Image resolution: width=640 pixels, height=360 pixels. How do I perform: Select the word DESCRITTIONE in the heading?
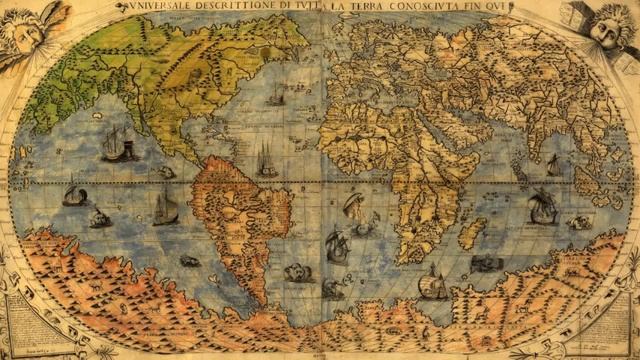(236, 6)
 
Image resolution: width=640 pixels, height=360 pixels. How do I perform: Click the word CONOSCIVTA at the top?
(427, 6)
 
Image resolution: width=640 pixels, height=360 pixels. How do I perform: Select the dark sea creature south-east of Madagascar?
(486, 263)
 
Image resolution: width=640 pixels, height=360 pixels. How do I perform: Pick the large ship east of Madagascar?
(542, 207)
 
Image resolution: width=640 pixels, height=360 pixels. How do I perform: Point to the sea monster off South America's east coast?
(297, 272)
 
